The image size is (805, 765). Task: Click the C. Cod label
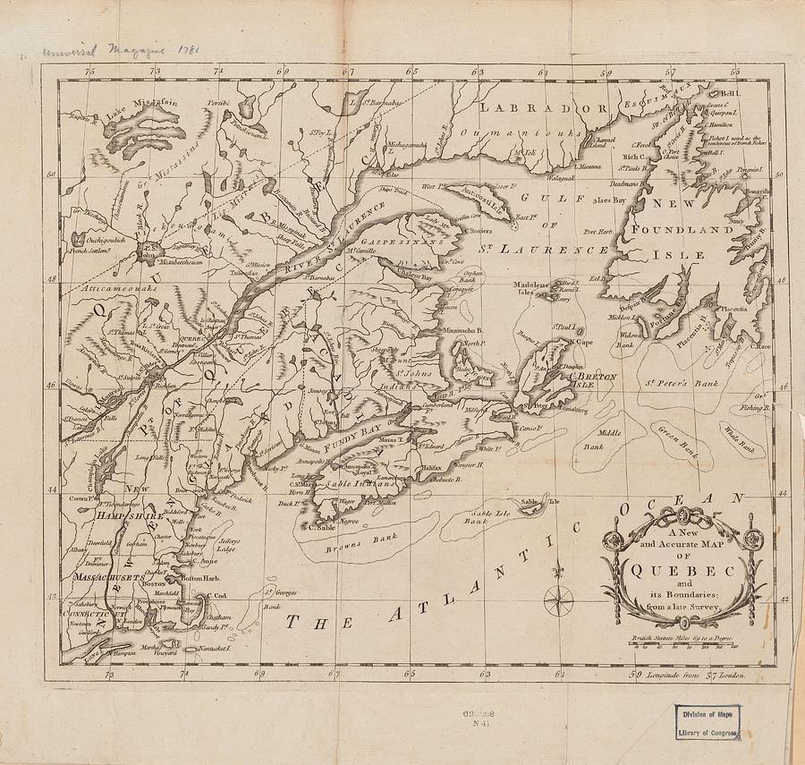(x=218, y=596)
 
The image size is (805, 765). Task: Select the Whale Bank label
(x=741, y=438)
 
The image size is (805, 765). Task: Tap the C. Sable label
(x=319, y=528)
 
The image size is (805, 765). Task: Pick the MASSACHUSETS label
(x=109, y=579)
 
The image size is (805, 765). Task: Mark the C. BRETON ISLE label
(x=593, y=381)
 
